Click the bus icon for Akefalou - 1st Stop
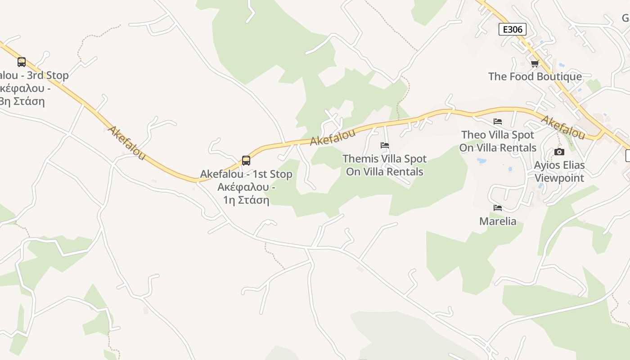(246, 160)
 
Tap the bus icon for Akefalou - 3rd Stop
(22, 62)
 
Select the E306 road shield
(513, 30)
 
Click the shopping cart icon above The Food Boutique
(535, 63)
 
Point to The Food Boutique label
(535, 76)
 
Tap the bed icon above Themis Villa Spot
(385, 145)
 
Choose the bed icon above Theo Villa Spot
(498, 121)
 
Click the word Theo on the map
(473, 135)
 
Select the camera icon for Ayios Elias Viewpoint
(559, 152)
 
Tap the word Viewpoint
(559, 178)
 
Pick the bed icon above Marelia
(498, 208)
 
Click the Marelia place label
(498, 221)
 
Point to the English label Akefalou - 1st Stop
(246, 174)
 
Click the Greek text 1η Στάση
(246, 200)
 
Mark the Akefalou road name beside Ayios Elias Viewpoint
(562, 127)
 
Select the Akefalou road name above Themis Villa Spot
(333, 137)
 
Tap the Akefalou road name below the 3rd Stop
(127, 142)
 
